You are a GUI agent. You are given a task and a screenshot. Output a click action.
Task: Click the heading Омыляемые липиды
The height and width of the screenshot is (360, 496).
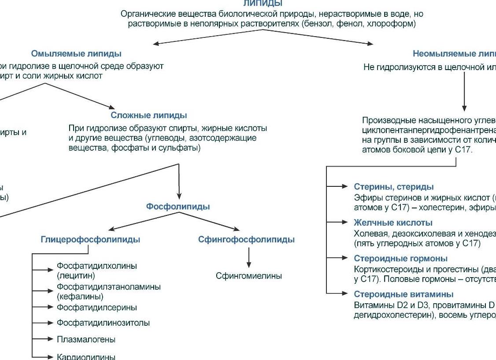pos(76,53)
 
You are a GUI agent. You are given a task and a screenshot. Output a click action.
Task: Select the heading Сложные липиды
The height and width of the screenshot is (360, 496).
pos(149,115)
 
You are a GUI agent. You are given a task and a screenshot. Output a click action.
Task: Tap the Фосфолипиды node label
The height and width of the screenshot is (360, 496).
pos(178,207)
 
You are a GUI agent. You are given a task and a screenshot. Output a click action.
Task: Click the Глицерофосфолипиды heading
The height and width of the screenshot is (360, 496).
pos(90,240)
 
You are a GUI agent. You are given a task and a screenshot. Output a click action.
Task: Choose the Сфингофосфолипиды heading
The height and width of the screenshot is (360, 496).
pos(246,240)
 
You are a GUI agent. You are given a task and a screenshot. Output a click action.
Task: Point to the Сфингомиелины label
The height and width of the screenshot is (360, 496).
pos(248,276)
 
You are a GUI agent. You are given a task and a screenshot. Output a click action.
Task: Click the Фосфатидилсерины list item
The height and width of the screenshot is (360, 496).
pos(96,307)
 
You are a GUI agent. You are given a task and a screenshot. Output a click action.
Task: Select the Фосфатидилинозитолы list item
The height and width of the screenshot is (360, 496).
pos(103,323)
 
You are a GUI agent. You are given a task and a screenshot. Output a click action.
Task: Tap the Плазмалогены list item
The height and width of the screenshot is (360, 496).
pos(86,340)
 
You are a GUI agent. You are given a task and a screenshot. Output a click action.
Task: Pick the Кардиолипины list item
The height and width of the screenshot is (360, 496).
pos(86,356)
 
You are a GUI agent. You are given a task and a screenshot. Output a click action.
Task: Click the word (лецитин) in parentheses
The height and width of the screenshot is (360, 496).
pos(76,276)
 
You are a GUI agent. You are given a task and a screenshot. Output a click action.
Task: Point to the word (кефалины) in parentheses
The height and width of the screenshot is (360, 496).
pos(80,297)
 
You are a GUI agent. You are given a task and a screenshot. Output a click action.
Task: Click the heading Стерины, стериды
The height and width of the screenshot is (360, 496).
pos(393,187)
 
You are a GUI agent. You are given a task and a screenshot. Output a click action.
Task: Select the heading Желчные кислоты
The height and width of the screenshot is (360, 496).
pos(393,223)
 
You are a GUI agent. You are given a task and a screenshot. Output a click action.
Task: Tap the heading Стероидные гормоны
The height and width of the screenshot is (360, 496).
pos(400,259)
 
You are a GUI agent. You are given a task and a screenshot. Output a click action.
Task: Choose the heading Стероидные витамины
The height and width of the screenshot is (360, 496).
pos(403,294)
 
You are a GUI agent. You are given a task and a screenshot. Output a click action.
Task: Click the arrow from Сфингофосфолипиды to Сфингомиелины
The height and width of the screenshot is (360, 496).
pos(249,257)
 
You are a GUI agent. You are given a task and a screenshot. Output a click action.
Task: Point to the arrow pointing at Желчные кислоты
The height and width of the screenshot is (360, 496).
pos(337,223)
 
